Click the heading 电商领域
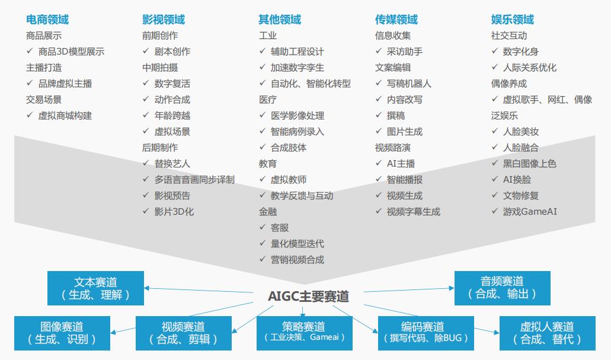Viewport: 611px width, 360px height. (x=47, y=20)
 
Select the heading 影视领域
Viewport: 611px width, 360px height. (x=164, y=20)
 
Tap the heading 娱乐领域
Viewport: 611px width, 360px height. (x=513, y=20)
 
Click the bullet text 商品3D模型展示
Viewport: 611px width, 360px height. (x=71, y=52)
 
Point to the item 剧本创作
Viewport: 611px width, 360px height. (x=172, y=52)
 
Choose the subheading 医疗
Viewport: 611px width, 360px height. (x=268, y=100)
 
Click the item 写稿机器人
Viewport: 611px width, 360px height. (x=409, y=84)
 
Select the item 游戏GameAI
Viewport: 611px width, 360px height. (x=530, y=211)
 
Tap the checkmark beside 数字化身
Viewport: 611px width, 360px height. (x=495, y=51)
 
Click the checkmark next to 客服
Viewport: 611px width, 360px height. (x=263, y=227)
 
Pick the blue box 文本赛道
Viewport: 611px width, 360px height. (x=95, y=288)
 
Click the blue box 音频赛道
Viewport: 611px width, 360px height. (x=503, y=288)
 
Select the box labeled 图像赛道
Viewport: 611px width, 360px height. (x=62, y=333)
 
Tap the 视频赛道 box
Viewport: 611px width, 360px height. (x=184, y=333)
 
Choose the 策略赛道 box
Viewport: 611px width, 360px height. (x=305, y=333)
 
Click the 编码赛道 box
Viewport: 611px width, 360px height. (x=426, y=333)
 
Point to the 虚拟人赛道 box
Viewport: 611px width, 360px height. (x=548, y=333)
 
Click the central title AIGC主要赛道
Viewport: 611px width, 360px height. (x=308, y=297)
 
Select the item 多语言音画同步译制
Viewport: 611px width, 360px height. (x=194, y=180)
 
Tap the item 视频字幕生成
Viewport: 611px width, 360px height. (x=414, y=211)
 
